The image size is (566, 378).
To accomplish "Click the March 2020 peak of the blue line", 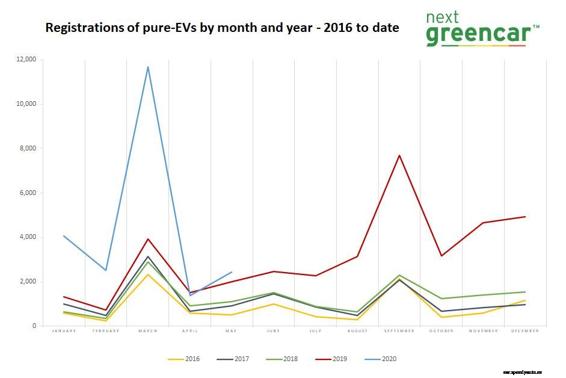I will pos(148,67).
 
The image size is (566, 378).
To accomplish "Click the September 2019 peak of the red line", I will pos(399,155).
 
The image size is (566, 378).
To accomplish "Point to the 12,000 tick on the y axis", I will pos(26,60).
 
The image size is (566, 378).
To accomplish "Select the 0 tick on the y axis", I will pos(34,326).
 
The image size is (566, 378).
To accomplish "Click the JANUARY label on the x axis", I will pos(64,331).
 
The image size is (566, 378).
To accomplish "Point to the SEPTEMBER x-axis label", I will pos(399,331).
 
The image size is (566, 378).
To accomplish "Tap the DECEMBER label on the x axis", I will pos(525,331).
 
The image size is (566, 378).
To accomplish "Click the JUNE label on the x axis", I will pos(274,331).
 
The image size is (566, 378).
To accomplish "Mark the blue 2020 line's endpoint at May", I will pos(232,272).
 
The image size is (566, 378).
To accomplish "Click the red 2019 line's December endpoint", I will pos(525,217).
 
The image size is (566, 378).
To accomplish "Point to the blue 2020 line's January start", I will pos(64,236).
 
